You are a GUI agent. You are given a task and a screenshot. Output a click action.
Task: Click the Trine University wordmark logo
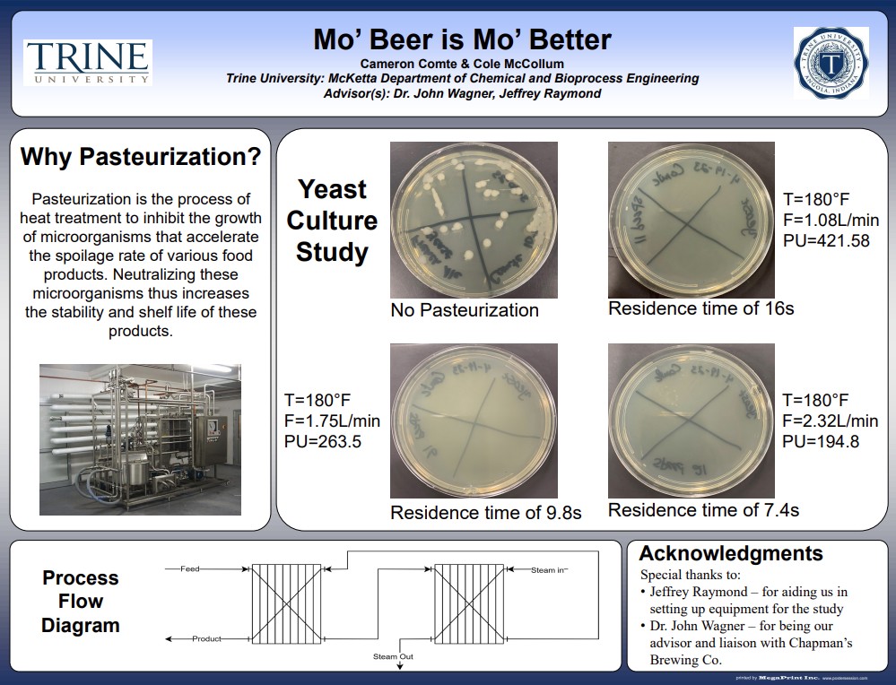[x=88, y=63]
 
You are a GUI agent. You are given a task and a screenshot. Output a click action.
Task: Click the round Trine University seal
[x=831, y=63]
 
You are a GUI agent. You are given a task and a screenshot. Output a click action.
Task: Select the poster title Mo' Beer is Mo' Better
[x=462, y=39]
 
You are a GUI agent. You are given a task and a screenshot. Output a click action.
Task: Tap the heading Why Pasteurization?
[x=141, y=157]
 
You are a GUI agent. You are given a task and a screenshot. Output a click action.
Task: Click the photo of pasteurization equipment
[x=140, y=439]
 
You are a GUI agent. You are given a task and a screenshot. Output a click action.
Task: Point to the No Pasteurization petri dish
[x=474, y=220]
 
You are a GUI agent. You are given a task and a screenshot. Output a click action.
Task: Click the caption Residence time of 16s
[x=700, y=308]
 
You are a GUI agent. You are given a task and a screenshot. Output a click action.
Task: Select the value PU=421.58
[x=826, y=240]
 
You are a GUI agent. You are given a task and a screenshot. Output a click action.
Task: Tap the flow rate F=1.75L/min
[x=331, y=421]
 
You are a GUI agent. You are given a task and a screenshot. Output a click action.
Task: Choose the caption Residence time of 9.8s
[x=485, y=513]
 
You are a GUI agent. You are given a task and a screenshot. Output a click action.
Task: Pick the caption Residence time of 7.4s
[x=703, y=510]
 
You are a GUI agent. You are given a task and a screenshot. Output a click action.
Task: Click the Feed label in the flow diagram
[x=189, y=568]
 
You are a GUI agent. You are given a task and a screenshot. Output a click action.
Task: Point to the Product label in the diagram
[x=206, y=638]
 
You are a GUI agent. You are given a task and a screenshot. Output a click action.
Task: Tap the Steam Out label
[x=393, y=657]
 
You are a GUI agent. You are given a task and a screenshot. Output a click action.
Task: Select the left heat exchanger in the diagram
[x=285, y=603]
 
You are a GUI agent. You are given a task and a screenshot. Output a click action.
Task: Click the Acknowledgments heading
[x=730, y=553]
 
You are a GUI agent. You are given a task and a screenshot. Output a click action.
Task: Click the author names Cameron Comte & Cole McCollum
[x=462, y=64]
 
